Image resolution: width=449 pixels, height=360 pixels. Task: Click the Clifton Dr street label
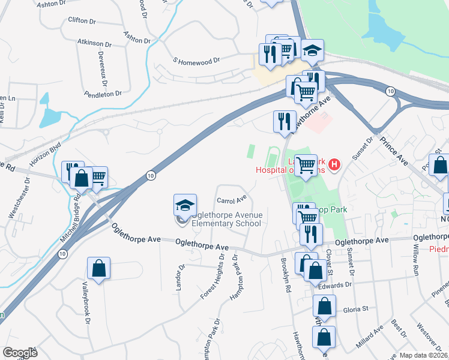[82, 20]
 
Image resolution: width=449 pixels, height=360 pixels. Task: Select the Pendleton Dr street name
[103, 94]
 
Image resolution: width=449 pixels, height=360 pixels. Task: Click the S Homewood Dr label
[197, 61]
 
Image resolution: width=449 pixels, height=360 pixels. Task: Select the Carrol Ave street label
[232, 200]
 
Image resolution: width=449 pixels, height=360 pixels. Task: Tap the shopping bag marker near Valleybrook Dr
[98, 268]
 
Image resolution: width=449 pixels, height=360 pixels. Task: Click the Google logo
[20, 353]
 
